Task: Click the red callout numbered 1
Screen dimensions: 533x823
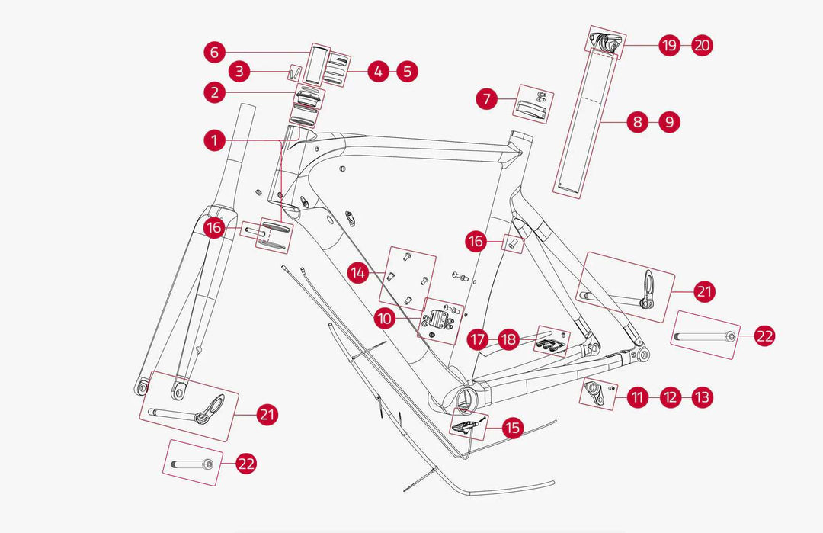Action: [x=216, y=140]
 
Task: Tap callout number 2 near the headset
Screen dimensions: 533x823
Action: [x=216, y=93]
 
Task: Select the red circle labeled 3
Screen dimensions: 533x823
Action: [x=239, y=72]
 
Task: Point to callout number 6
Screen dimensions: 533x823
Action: [x=216, y=52]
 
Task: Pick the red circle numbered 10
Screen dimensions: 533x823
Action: [x=385, y=318]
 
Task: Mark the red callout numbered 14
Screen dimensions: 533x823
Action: [x=360, y=271]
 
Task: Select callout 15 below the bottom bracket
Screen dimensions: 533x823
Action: [x=513, y=428]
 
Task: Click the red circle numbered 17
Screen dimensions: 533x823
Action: [x=478, y=339]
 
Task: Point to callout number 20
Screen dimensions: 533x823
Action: [x=703, y=46]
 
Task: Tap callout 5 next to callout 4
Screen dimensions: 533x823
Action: [x=407, y=72]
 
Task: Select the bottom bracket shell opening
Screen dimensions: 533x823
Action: [x=465, y=397]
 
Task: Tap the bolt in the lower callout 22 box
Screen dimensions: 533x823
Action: [x=191, y=463]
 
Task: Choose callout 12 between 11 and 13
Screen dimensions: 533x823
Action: [x=671, y=397]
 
